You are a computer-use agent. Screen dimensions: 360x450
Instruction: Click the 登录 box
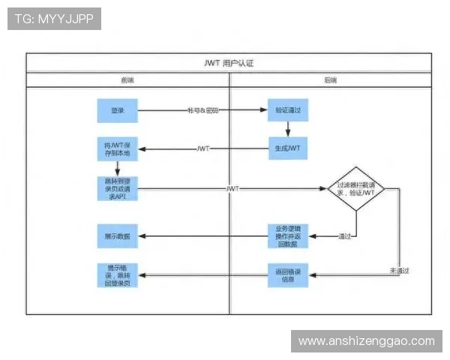coord(117,111)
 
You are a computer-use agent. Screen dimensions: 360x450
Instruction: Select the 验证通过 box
coord(288,111)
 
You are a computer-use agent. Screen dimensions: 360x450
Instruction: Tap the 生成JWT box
coord(288,148)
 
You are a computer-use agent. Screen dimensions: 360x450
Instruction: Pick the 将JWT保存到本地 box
coord(117,148)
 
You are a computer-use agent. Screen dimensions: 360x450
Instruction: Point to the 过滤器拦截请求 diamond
coord(355,188)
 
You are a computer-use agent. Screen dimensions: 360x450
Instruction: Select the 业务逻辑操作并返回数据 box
coord(288,235)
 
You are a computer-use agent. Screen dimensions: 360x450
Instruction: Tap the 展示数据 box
coord(117,235)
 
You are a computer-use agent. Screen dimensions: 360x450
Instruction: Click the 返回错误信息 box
coord(288,276)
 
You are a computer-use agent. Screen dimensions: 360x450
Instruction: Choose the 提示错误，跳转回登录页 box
coord(117,276)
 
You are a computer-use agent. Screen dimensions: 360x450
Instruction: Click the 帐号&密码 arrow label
coord(202,111)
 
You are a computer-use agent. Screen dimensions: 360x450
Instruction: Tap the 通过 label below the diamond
coord(344,235)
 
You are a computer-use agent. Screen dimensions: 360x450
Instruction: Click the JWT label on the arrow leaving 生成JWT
coord(202,148)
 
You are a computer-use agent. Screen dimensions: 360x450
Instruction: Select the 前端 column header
coord(127,79)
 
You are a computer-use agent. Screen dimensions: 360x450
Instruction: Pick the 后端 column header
coord(330,79)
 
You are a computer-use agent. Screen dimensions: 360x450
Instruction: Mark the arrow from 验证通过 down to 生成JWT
coord(288,129)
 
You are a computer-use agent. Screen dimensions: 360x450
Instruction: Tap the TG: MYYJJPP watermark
coord(54,19)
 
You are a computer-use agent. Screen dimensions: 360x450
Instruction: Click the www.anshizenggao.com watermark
coord(367,341)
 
